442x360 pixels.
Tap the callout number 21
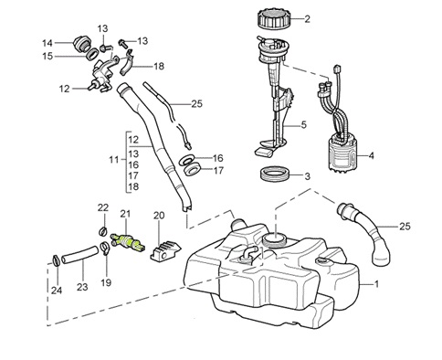127,214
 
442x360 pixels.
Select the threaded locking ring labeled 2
270,18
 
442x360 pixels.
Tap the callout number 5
304,124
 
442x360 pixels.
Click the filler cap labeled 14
79,43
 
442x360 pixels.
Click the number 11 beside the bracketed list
114,159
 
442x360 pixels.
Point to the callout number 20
159,216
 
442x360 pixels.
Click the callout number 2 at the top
307,18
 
